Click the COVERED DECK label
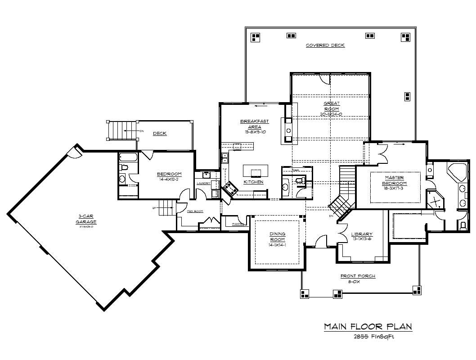(x=325, y=45)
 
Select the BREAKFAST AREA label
(x=254, y=124)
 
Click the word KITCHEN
(x=253, y=182)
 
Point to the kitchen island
(x=256, y=171)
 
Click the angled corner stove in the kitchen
(x=231, y=189)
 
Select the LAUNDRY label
(x=203, y=183)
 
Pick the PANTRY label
(x=238, y=224)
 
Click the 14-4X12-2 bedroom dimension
(x=169, y=180)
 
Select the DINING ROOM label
(x=277, y=237)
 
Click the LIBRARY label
(x=362, y=234)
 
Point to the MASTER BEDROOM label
(x=395, y=180)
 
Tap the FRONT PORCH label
(x=358, y=276)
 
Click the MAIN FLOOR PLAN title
(x=368, y=326)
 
